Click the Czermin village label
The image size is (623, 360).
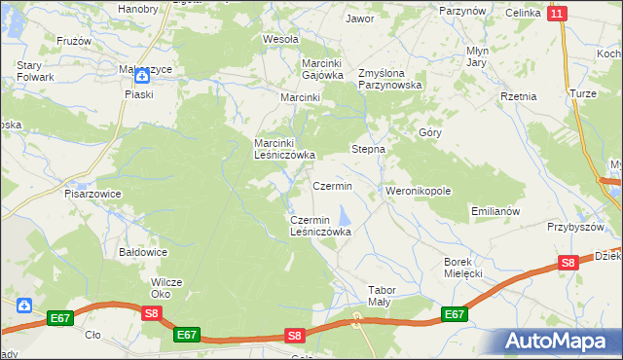332,185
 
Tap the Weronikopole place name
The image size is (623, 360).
419,191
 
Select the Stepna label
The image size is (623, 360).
368,150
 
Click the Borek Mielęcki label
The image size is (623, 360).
463,268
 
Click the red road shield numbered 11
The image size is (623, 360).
556,14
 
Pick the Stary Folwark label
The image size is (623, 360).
34,71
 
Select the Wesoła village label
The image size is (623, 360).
280,40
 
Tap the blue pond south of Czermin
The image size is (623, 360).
344,214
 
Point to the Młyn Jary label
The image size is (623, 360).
476,56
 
